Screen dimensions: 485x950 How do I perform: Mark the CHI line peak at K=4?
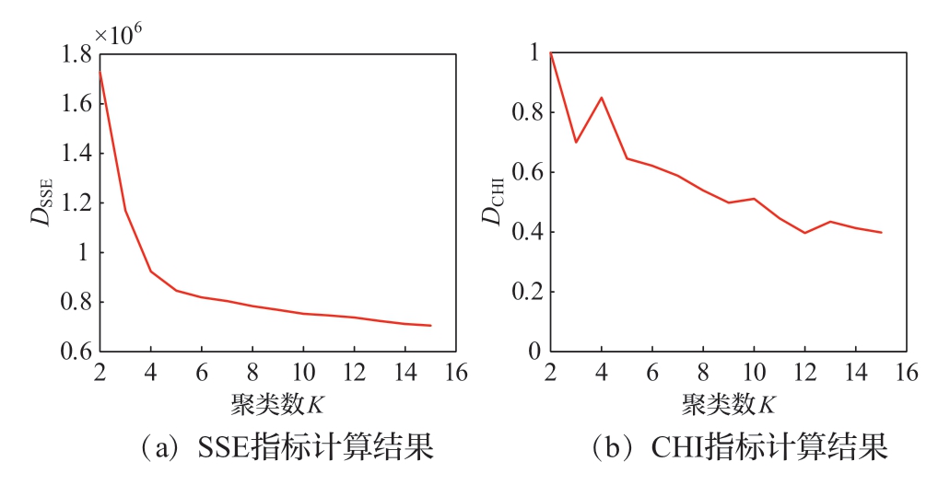tap(601, 98)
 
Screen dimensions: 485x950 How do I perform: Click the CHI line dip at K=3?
tap(576, 142)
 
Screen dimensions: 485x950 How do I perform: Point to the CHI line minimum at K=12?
tap(804, 233)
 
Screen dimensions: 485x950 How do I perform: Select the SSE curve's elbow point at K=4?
tap(150, 271)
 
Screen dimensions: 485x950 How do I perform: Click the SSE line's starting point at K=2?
tap(99, 72)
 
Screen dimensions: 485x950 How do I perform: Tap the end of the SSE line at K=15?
tap(430, 326)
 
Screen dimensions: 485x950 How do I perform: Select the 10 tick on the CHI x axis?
tap(754, 374)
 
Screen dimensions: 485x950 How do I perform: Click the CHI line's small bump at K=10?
tap(754, 199)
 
